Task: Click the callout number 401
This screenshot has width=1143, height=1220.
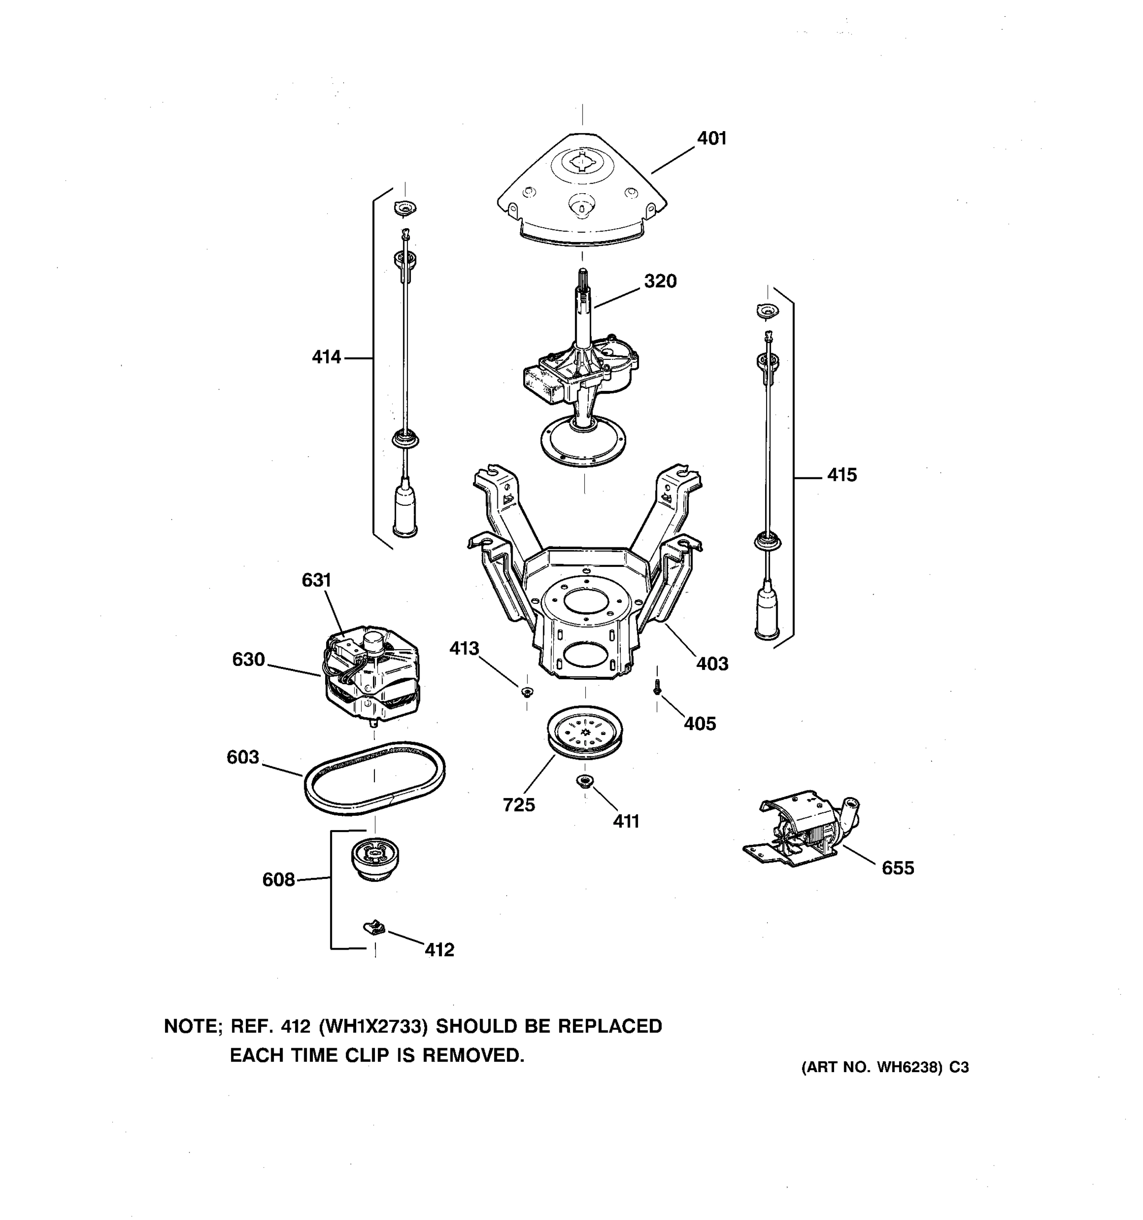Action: pos(711,139)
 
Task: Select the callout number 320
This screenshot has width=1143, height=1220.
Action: pos(660,281)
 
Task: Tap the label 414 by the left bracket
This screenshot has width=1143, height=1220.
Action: pos(326,357)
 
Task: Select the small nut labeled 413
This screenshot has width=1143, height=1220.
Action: pos(526,692)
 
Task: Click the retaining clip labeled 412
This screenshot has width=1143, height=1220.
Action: pos(374,927)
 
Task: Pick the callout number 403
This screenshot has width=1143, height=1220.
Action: pos(712,663)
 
